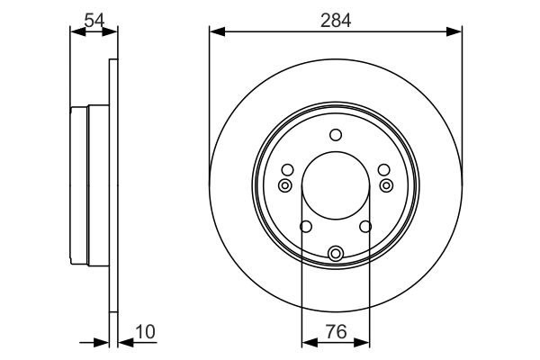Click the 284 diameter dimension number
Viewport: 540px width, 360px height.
336,18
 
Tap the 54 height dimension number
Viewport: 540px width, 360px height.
93,18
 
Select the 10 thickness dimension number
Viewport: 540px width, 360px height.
144,332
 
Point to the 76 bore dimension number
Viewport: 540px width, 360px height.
336,331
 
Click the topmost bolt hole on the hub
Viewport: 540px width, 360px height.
336,136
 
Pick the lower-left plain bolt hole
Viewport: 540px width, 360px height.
305,227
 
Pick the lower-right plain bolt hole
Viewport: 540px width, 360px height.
366,227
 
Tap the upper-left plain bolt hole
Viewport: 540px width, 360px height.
287,169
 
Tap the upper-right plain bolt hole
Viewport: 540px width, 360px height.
384,169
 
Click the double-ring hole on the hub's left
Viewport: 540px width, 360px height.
285,185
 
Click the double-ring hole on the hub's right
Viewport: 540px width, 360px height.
386,185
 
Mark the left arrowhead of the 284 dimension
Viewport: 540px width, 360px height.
214,31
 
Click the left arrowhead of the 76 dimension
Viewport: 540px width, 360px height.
307,342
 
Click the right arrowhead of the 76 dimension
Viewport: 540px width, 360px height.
364,342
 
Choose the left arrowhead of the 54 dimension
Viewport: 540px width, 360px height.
76,31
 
